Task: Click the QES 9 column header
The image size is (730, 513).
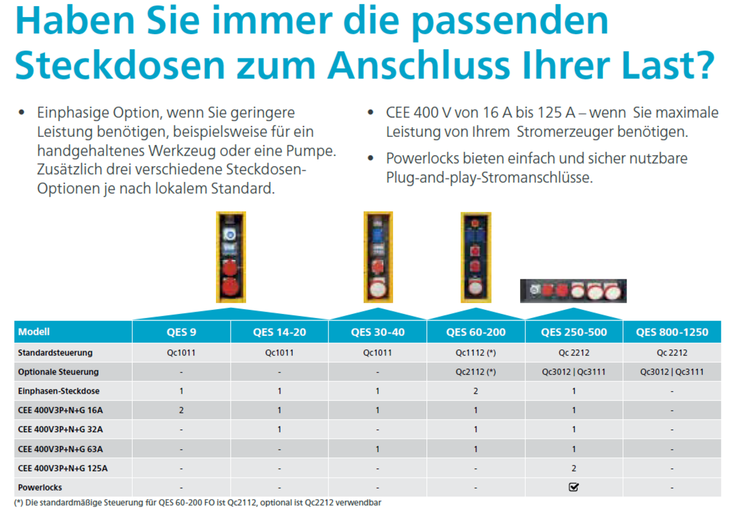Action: pos(181,332)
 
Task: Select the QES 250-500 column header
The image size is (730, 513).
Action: pos(574,332)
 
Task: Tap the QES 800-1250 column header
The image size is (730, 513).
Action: pos(672,332)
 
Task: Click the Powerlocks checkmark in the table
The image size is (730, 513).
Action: pos(574,487)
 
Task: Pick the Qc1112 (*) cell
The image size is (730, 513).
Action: pos(475,352)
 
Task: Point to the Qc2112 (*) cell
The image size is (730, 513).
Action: pos(475,372)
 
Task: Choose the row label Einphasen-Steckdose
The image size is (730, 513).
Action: pos(59,391)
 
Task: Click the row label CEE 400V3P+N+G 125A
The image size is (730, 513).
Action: pos(64,468)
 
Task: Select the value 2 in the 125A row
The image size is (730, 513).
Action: pos(574,468)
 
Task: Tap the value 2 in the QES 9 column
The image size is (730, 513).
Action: pos(181,410)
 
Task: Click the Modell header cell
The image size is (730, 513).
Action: pos(34,332)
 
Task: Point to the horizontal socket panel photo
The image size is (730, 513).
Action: pos(573,291)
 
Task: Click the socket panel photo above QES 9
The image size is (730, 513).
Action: pos(231,257)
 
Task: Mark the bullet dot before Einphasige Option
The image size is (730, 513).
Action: pos(22,113)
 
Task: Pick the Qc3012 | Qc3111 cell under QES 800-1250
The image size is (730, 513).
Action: pos(672,372)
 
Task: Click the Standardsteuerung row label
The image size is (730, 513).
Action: pos(55,352)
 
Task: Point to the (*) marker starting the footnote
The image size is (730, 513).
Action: pos(18,503)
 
